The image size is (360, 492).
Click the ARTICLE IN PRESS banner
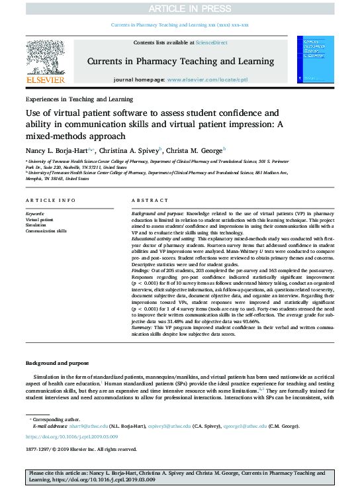click(180, 9)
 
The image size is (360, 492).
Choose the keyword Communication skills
click(46, 231)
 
